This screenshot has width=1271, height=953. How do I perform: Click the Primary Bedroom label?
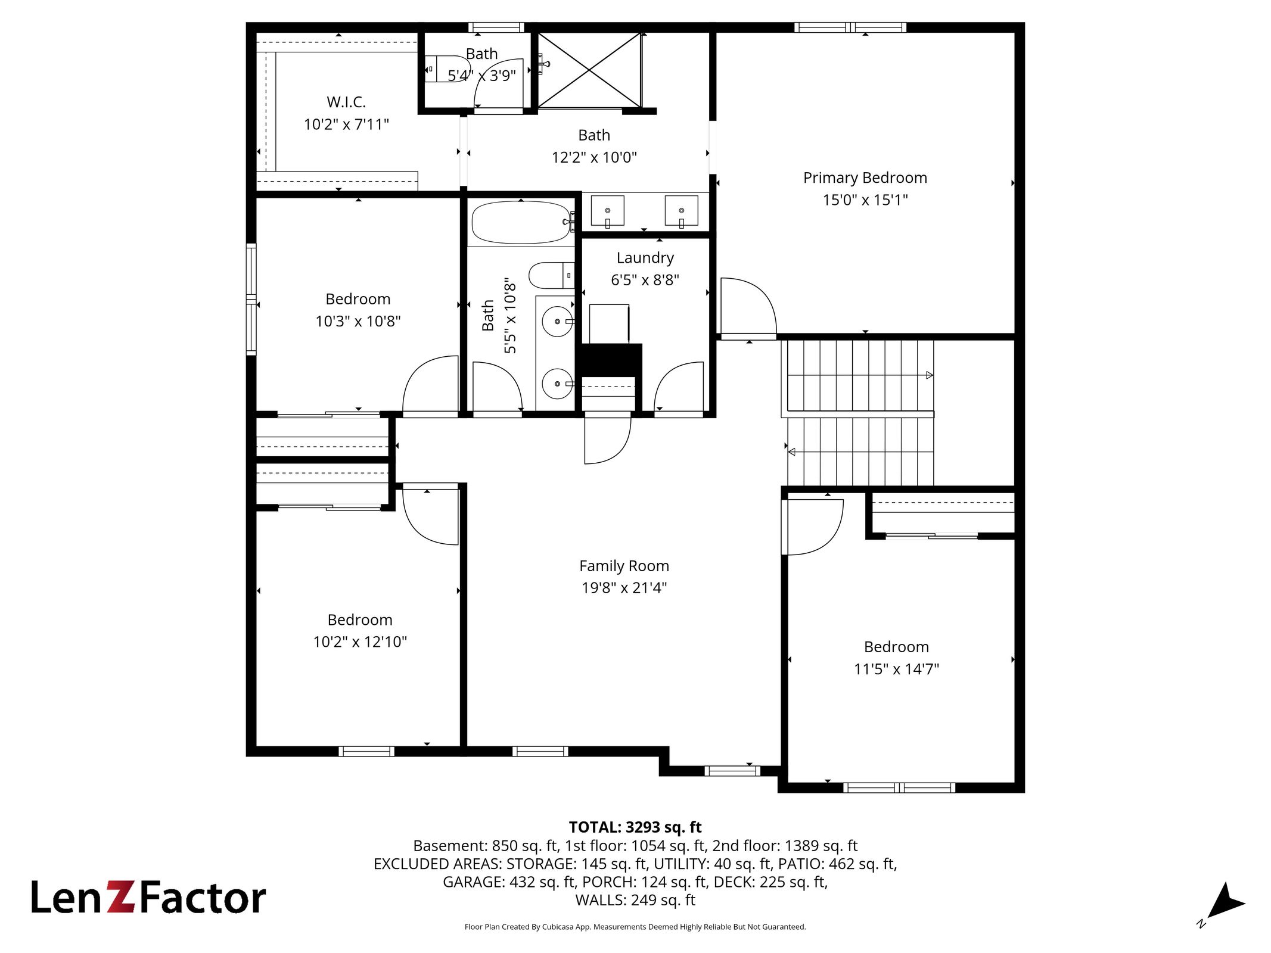point(865,177)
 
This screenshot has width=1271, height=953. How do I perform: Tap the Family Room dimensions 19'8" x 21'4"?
point(624,588)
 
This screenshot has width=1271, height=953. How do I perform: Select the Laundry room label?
point(645,258)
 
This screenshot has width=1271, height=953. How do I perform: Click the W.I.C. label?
point(346,102)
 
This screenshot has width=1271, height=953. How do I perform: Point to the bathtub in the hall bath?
point(521,223)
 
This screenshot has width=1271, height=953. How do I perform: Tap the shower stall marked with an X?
point(589,70)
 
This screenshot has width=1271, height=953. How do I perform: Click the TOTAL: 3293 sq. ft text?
point(635,827)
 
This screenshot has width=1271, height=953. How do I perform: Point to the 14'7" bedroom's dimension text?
point(896,669)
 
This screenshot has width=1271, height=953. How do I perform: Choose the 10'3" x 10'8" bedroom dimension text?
point(358,321)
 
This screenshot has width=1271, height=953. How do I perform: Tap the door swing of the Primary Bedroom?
point(748,306)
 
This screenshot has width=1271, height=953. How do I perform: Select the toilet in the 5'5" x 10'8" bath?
point(551,275)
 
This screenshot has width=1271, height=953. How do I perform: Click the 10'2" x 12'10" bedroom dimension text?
point(360,641)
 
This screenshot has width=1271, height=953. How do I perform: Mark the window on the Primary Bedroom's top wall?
point(850,27)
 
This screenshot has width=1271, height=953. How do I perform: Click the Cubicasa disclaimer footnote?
point(635,927)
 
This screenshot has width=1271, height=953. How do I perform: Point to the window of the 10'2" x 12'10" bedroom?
point(366,751)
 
